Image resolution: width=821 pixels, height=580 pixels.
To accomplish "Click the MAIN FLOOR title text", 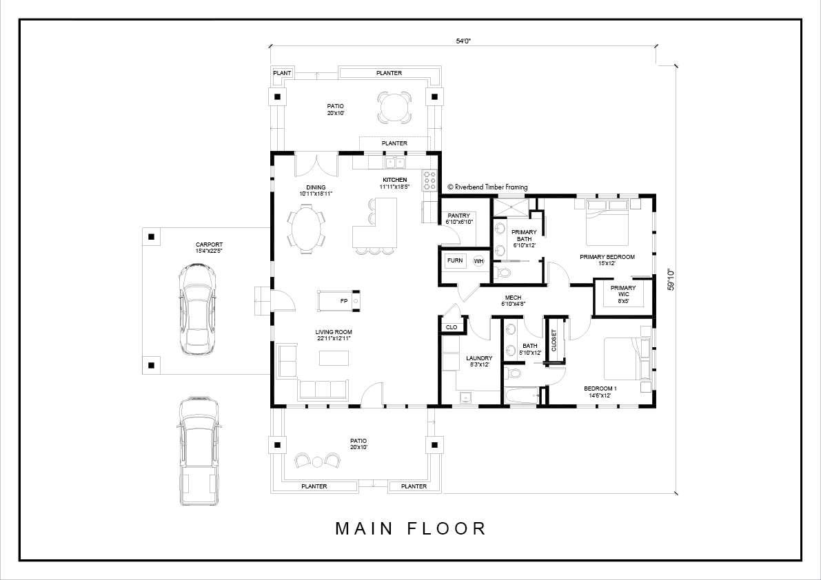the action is click(x=411, y=528).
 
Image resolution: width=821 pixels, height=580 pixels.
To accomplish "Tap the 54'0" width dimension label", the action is click(x=463, y=41).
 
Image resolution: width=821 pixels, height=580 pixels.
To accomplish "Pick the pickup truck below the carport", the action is click(x=199, y=450).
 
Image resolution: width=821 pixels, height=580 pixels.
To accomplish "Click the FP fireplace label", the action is click(x=344, y=301).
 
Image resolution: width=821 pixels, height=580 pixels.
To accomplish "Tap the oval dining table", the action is click(x=306, y=229).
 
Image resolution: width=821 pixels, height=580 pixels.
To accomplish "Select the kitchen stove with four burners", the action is click(x=430, y=180).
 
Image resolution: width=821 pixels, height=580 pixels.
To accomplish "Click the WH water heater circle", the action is click(x=479, y=261).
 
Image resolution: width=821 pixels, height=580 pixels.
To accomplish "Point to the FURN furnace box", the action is click(x=455, y=260).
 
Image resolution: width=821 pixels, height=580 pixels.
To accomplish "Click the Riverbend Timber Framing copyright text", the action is click(x=488, y=187).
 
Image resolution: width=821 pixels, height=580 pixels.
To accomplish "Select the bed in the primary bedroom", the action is click(x=607, y=222).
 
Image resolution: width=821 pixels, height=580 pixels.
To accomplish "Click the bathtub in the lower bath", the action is click(x=523, y=395).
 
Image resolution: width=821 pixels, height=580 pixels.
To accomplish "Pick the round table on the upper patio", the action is click(x=394, y=107).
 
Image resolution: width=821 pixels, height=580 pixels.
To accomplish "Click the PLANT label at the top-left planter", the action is click(x=282, y=73).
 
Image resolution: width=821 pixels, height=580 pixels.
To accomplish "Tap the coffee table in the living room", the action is click(x=334, y=358).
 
